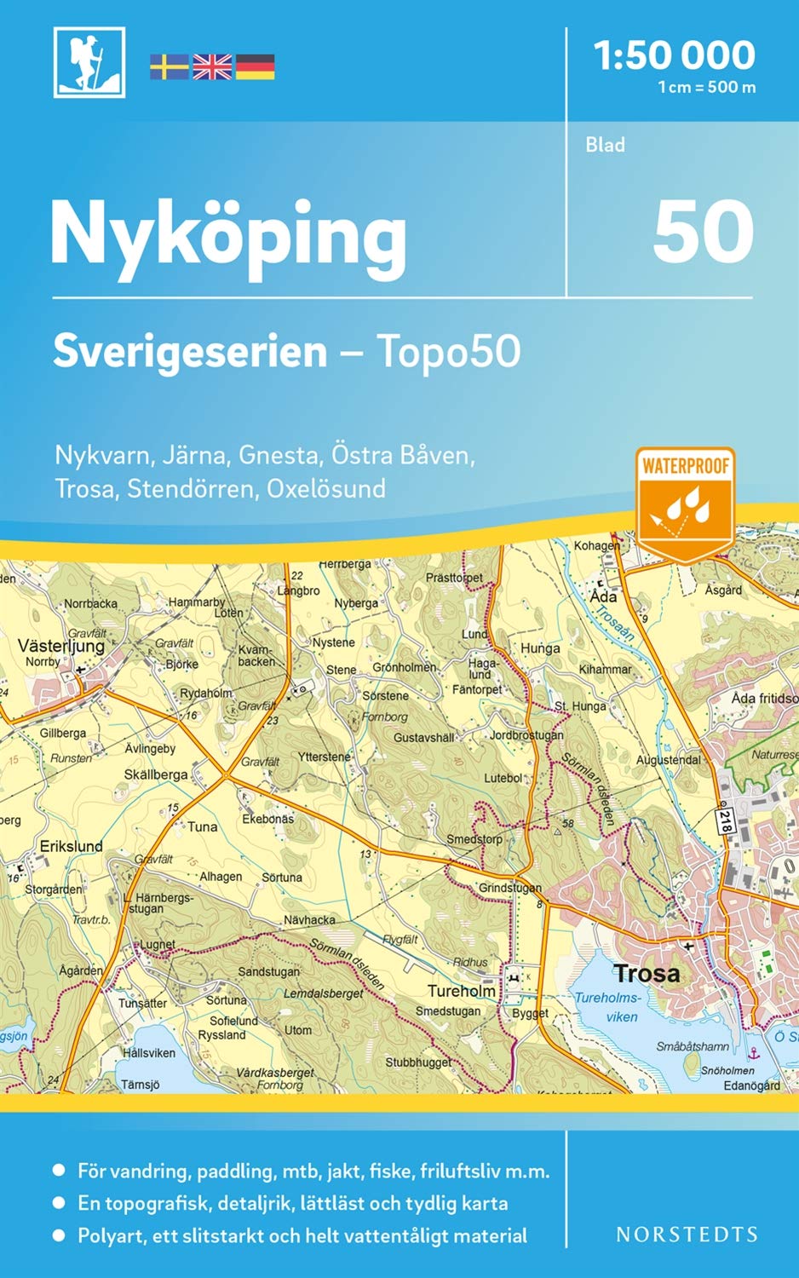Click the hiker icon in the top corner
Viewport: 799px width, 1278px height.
[89, 62]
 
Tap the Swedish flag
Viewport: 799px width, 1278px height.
[170, 66]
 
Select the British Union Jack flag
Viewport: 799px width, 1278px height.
[212, 66]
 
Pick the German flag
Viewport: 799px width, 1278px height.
[255, 66]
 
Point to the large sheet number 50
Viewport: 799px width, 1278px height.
[703, 233]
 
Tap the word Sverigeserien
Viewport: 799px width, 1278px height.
[190, 351]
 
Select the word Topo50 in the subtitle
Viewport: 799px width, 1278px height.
[448, 351]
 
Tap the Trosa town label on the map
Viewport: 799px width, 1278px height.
[647, 973]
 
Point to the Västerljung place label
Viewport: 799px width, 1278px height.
[61, 646]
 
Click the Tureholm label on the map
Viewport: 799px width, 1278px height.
[461, 991]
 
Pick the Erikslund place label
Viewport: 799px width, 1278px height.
[72, 846]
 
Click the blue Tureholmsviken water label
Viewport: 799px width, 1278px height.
[609, 1007]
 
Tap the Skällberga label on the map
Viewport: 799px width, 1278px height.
[156, 774]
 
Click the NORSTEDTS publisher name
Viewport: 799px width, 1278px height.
[687, 1235]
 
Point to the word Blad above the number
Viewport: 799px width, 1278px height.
[605, 145]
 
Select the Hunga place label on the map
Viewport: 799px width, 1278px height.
[540, 648]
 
